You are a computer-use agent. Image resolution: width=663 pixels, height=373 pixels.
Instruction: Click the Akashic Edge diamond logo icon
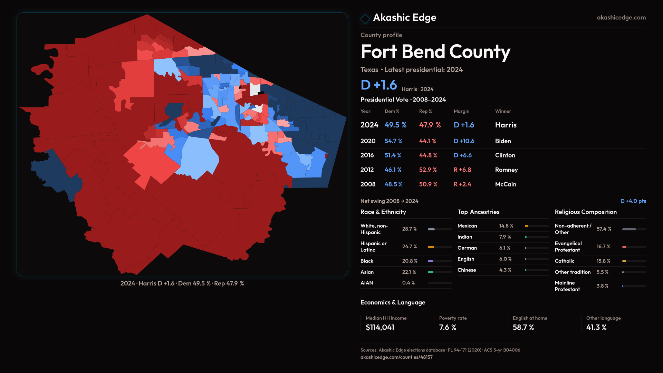[x=365, y=18]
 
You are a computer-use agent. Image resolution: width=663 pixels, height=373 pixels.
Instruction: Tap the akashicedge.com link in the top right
[x=621, y=18]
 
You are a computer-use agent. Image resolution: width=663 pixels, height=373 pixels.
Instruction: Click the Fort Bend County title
[x=435, y=52]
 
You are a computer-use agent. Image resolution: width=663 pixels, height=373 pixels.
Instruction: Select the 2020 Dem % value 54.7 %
[x=393, y=141]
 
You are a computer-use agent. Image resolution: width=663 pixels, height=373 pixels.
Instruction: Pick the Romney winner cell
[x=506, y=170]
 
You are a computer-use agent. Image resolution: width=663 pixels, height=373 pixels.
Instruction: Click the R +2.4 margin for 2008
[x=462, y=184]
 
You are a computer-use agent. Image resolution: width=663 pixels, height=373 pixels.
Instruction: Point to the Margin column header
[x=461, y=111]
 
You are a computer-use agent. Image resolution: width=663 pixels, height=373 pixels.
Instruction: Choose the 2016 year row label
[x=367, y=155]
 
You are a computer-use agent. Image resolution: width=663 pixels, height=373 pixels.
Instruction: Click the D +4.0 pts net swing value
[x=633, y=201]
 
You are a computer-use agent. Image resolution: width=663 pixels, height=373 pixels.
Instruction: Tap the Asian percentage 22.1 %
[x=409, y=272]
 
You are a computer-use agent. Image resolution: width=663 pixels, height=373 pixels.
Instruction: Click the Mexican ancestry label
[x=467, y=226]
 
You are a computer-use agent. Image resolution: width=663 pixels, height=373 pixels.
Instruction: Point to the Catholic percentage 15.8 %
[x=603, y=261]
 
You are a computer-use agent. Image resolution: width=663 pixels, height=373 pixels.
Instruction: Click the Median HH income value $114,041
[x=380, y=327]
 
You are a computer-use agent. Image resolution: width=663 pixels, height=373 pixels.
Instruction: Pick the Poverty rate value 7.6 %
[x=448, y=327]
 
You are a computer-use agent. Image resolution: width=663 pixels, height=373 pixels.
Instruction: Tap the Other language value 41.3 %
[x=596, y=327]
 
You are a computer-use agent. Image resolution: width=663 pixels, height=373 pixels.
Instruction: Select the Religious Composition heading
[x=586, y=212]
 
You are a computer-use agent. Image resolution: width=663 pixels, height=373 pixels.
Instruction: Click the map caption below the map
[x=182, y=284]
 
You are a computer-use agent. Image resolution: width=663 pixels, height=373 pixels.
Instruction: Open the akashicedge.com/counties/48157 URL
[x=396, y=357]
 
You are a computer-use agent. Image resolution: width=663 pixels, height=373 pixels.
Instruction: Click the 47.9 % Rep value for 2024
[x=430, y=125]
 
